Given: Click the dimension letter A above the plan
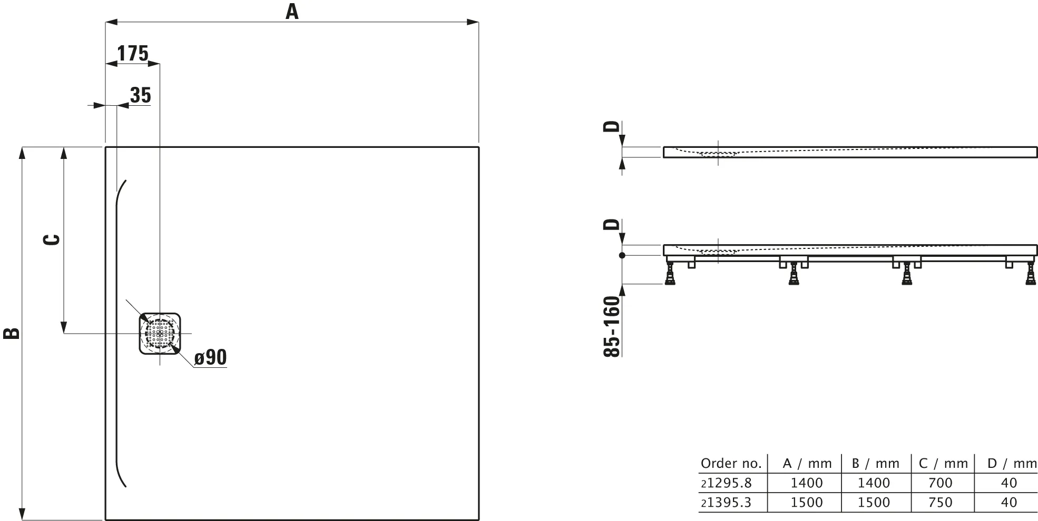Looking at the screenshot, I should [292, 11].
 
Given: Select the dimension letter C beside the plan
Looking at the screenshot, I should [51, 239].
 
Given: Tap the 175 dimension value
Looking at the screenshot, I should [132, 54].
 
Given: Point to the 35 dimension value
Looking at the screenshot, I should [140, 96].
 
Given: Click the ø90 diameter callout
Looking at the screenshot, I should [210, 358].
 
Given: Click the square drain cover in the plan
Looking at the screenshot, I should [160, 333].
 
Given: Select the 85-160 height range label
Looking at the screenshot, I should [612, 327].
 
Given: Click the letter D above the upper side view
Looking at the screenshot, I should [611, 126].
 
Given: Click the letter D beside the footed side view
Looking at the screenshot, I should [611, 225].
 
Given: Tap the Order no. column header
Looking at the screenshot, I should [731, 464].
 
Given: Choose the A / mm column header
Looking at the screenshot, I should [807, 464].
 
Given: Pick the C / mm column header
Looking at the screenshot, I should [943, 464].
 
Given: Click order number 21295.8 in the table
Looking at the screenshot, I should [726, 483].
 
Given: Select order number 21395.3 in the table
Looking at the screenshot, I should [726, 503].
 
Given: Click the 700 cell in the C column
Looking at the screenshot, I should [941, 483].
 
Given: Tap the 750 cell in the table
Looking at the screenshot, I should [941, 503].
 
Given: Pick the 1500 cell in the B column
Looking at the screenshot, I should [874, 503].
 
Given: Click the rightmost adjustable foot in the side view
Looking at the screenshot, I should [1030, 274].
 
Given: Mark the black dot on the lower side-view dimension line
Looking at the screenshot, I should [622, 255].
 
